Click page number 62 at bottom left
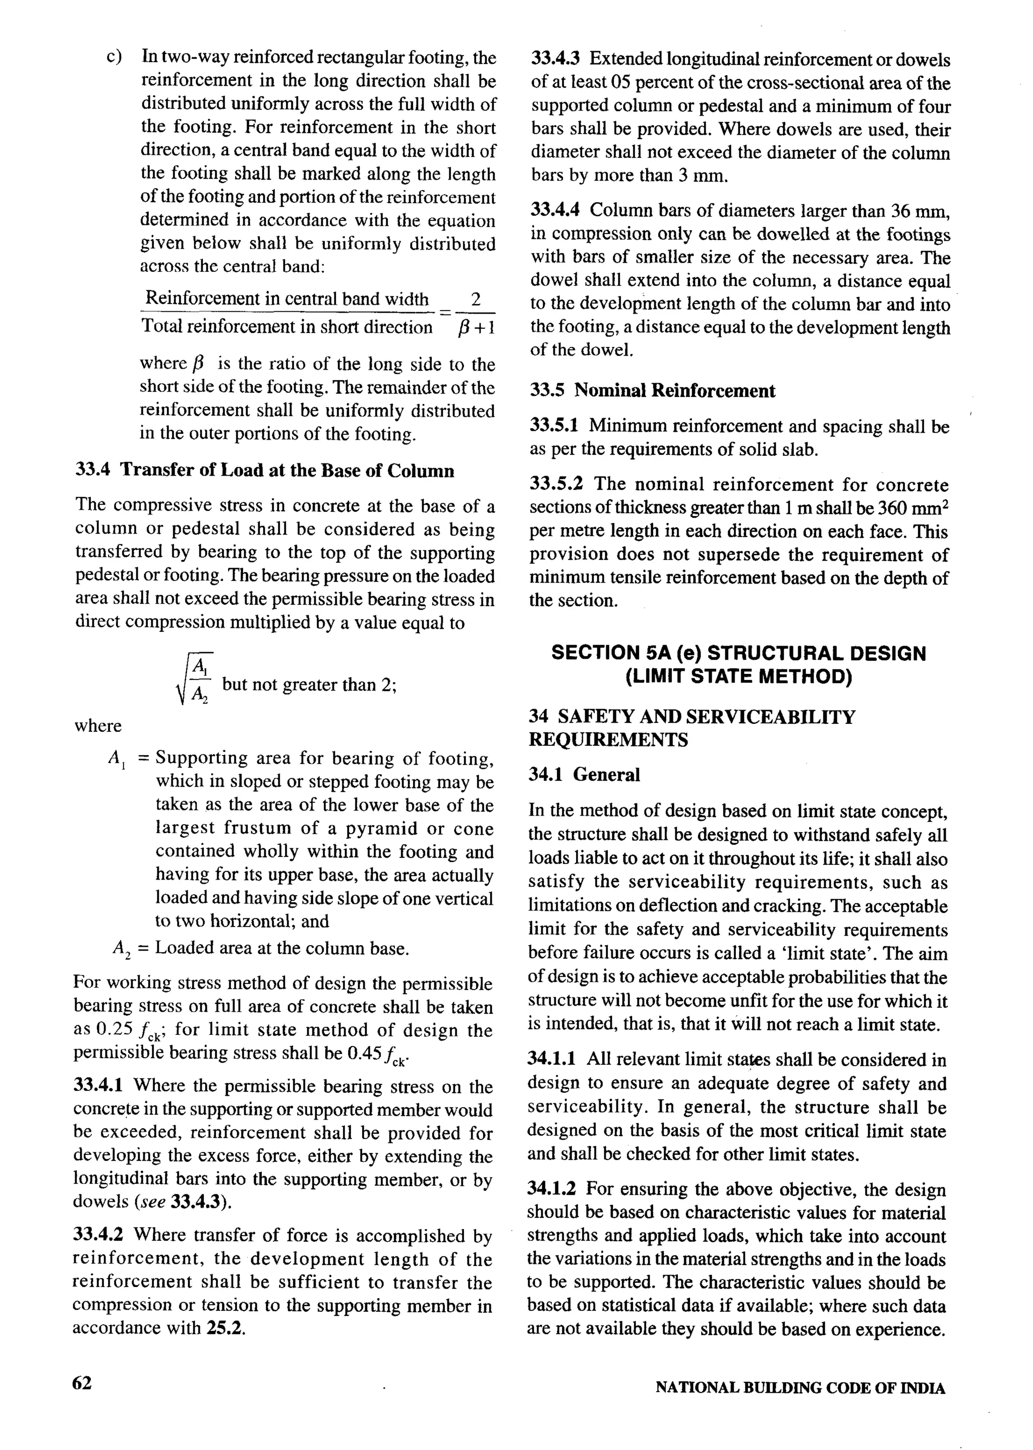click(x=83, y=1383)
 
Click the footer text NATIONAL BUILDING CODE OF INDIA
click(x=800, y=1388)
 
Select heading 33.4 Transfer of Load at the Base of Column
click(x=265, y=471)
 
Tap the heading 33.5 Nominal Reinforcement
click(x=653, y=390)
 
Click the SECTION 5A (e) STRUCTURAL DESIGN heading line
click(x=738, y=653)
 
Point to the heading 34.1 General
click(x=585, y=775)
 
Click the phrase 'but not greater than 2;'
click(x=310, y=685)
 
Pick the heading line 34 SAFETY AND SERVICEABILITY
click(x=692, y=717)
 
